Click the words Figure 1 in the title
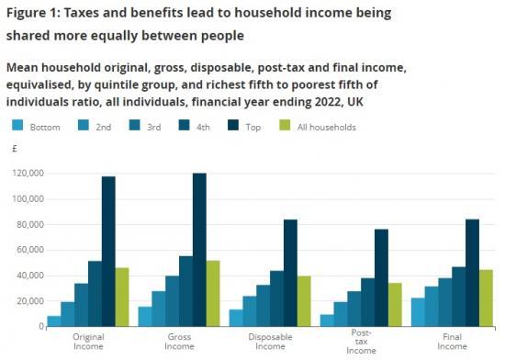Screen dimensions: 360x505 (x=38, y=14)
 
